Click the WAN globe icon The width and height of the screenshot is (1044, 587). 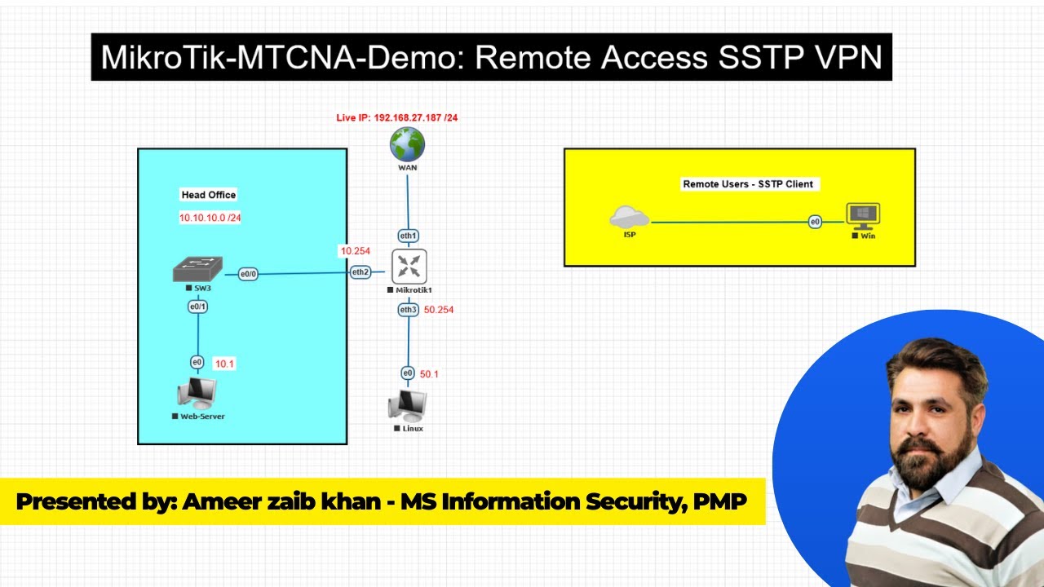tap(407, 144)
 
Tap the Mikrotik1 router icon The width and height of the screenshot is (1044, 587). tap(409, 266)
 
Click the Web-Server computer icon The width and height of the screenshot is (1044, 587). tap(197, 394)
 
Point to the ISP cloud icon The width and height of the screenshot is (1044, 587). tap(629, 217)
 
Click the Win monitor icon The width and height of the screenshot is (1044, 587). tap(863, 216)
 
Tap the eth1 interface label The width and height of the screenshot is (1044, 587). tap(408, 236)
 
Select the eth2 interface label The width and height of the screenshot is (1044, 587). tap(361, 271)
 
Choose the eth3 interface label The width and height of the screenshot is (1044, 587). tap(408, 310)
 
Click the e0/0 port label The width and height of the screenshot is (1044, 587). tap(248, 275)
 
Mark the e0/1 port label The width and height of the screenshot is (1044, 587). tap(197, 307)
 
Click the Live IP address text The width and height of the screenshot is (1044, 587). tap(397, 118)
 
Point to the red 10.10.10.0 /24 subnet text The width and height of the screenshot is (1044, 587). tap(210, 218)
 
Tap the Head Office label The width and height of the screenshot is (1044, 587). tap(208, 195)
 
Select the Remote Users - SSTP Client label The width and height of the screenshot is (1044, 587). tap(748, 184)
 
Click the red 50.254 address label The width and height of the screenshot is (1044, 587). tap(439, 310)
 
